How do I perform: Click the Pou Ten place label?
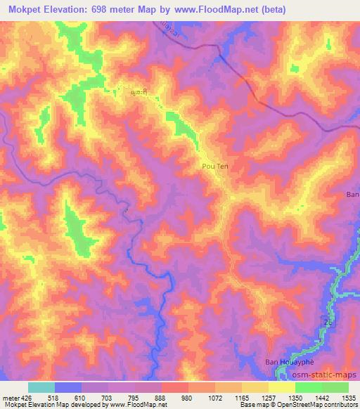tap(215, 167)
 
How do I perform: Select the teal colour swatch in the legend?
tap(41, 387)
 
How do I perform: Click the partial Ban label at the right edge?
tap(353, 194)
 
